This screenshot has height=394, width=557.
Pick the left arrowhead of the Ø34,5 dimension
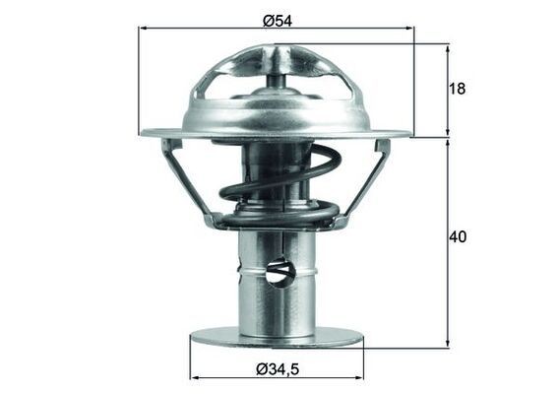point(195,376)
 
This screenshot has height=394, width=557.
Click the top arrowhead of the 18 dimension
point(449,47)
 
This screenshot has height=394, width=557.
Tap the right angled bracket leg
point(367,182)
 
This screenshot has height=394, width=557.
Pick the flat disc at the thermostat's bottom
point(277,337)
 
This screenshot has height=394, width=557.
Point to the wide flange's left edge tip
point(144,132)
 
